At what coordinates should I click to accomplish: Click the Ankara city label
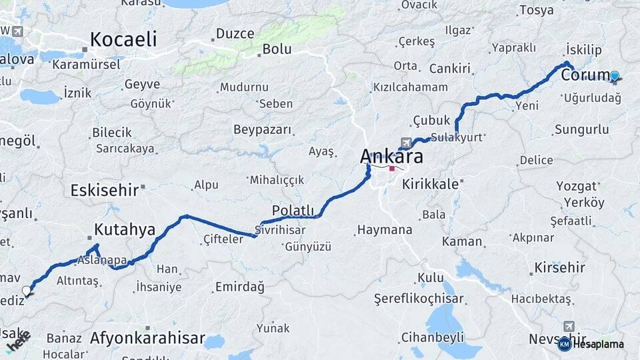pyautogui.click(x=391, y=157)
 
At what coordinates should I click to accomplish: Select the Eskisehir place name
pyautogui.click(x=104, y=190)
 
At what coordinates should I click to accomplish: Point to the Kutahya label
pyautogui.click(x=125, y=230)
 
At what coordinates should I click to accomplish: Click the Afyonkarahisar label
pyautogui.click(x=147, y=338)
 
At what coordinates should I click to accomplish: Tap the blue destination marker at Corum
pyautogui.click(x=615, y=77)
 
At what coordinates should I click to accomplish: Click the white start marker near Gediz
pyautogui.click(x=27, y=291)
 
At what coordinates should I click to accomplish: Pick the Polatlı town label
pyautogui.click(x=293, y=211)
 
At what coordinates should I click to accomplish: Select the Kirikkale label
pyautogui.click(x=431, y=184)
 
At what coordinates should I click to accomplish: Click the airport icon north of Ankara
pyautogui.click(x=405, y=143)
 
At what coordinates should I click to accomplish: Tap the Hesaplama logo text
pyautogui.click(x=597, y=344)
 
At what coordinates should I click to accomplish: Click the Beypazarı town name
pyautogui.click(x=262, y=129)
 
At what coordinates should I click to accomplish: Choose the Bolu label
pyautogui.click(x=277, y=49)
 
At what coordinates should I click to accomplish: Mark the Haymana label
pyautogui.click(x=384, y=230)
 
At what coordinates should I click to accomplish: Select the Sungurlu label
pyautogui.click(x=581, y=129)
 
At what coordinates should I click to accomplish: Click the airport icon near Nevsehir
pyautogui.click(x=568, y=326)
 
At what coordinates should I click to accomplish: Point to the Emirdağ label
pyautogui.click(x=239, y=287)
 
